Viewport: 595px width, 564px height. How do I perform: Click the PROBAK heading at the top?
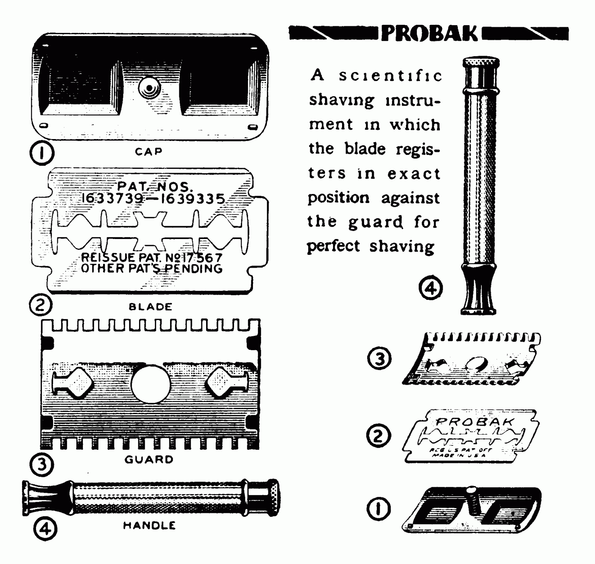pyautogui.click(x=429, y=34)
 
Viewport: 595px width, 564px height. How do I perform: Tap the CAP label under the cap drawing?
pyautogui.click(x=148, y=152)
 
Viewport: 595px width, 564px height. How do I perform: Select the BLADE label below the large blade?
pyautogui.click(x=150, y=307)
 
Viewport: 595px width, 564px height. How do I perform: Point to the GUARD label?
pyautogui.click(x=149, y=460)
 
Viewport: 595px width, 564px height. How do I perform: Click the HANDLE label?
pyautogui.click(x=149, y=526)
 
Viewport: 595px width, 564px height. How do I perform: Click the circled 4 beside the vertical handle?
pyautogui.click(x=430, y=289)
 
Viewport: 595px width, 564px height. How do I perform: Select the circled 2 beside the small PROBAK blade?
pyautogui.click(x=378, y=436)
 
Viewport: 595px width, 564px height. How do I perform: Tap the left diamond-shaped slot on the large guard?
pyautogui.click(x=79, y=382)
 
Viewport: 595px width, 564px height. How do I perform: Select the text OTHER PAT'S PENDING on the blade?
pyautogui.click(x=151, y=268)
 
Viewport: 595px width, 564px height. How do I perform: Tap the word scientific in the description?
pyautogui.click(x=390, y=76)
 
